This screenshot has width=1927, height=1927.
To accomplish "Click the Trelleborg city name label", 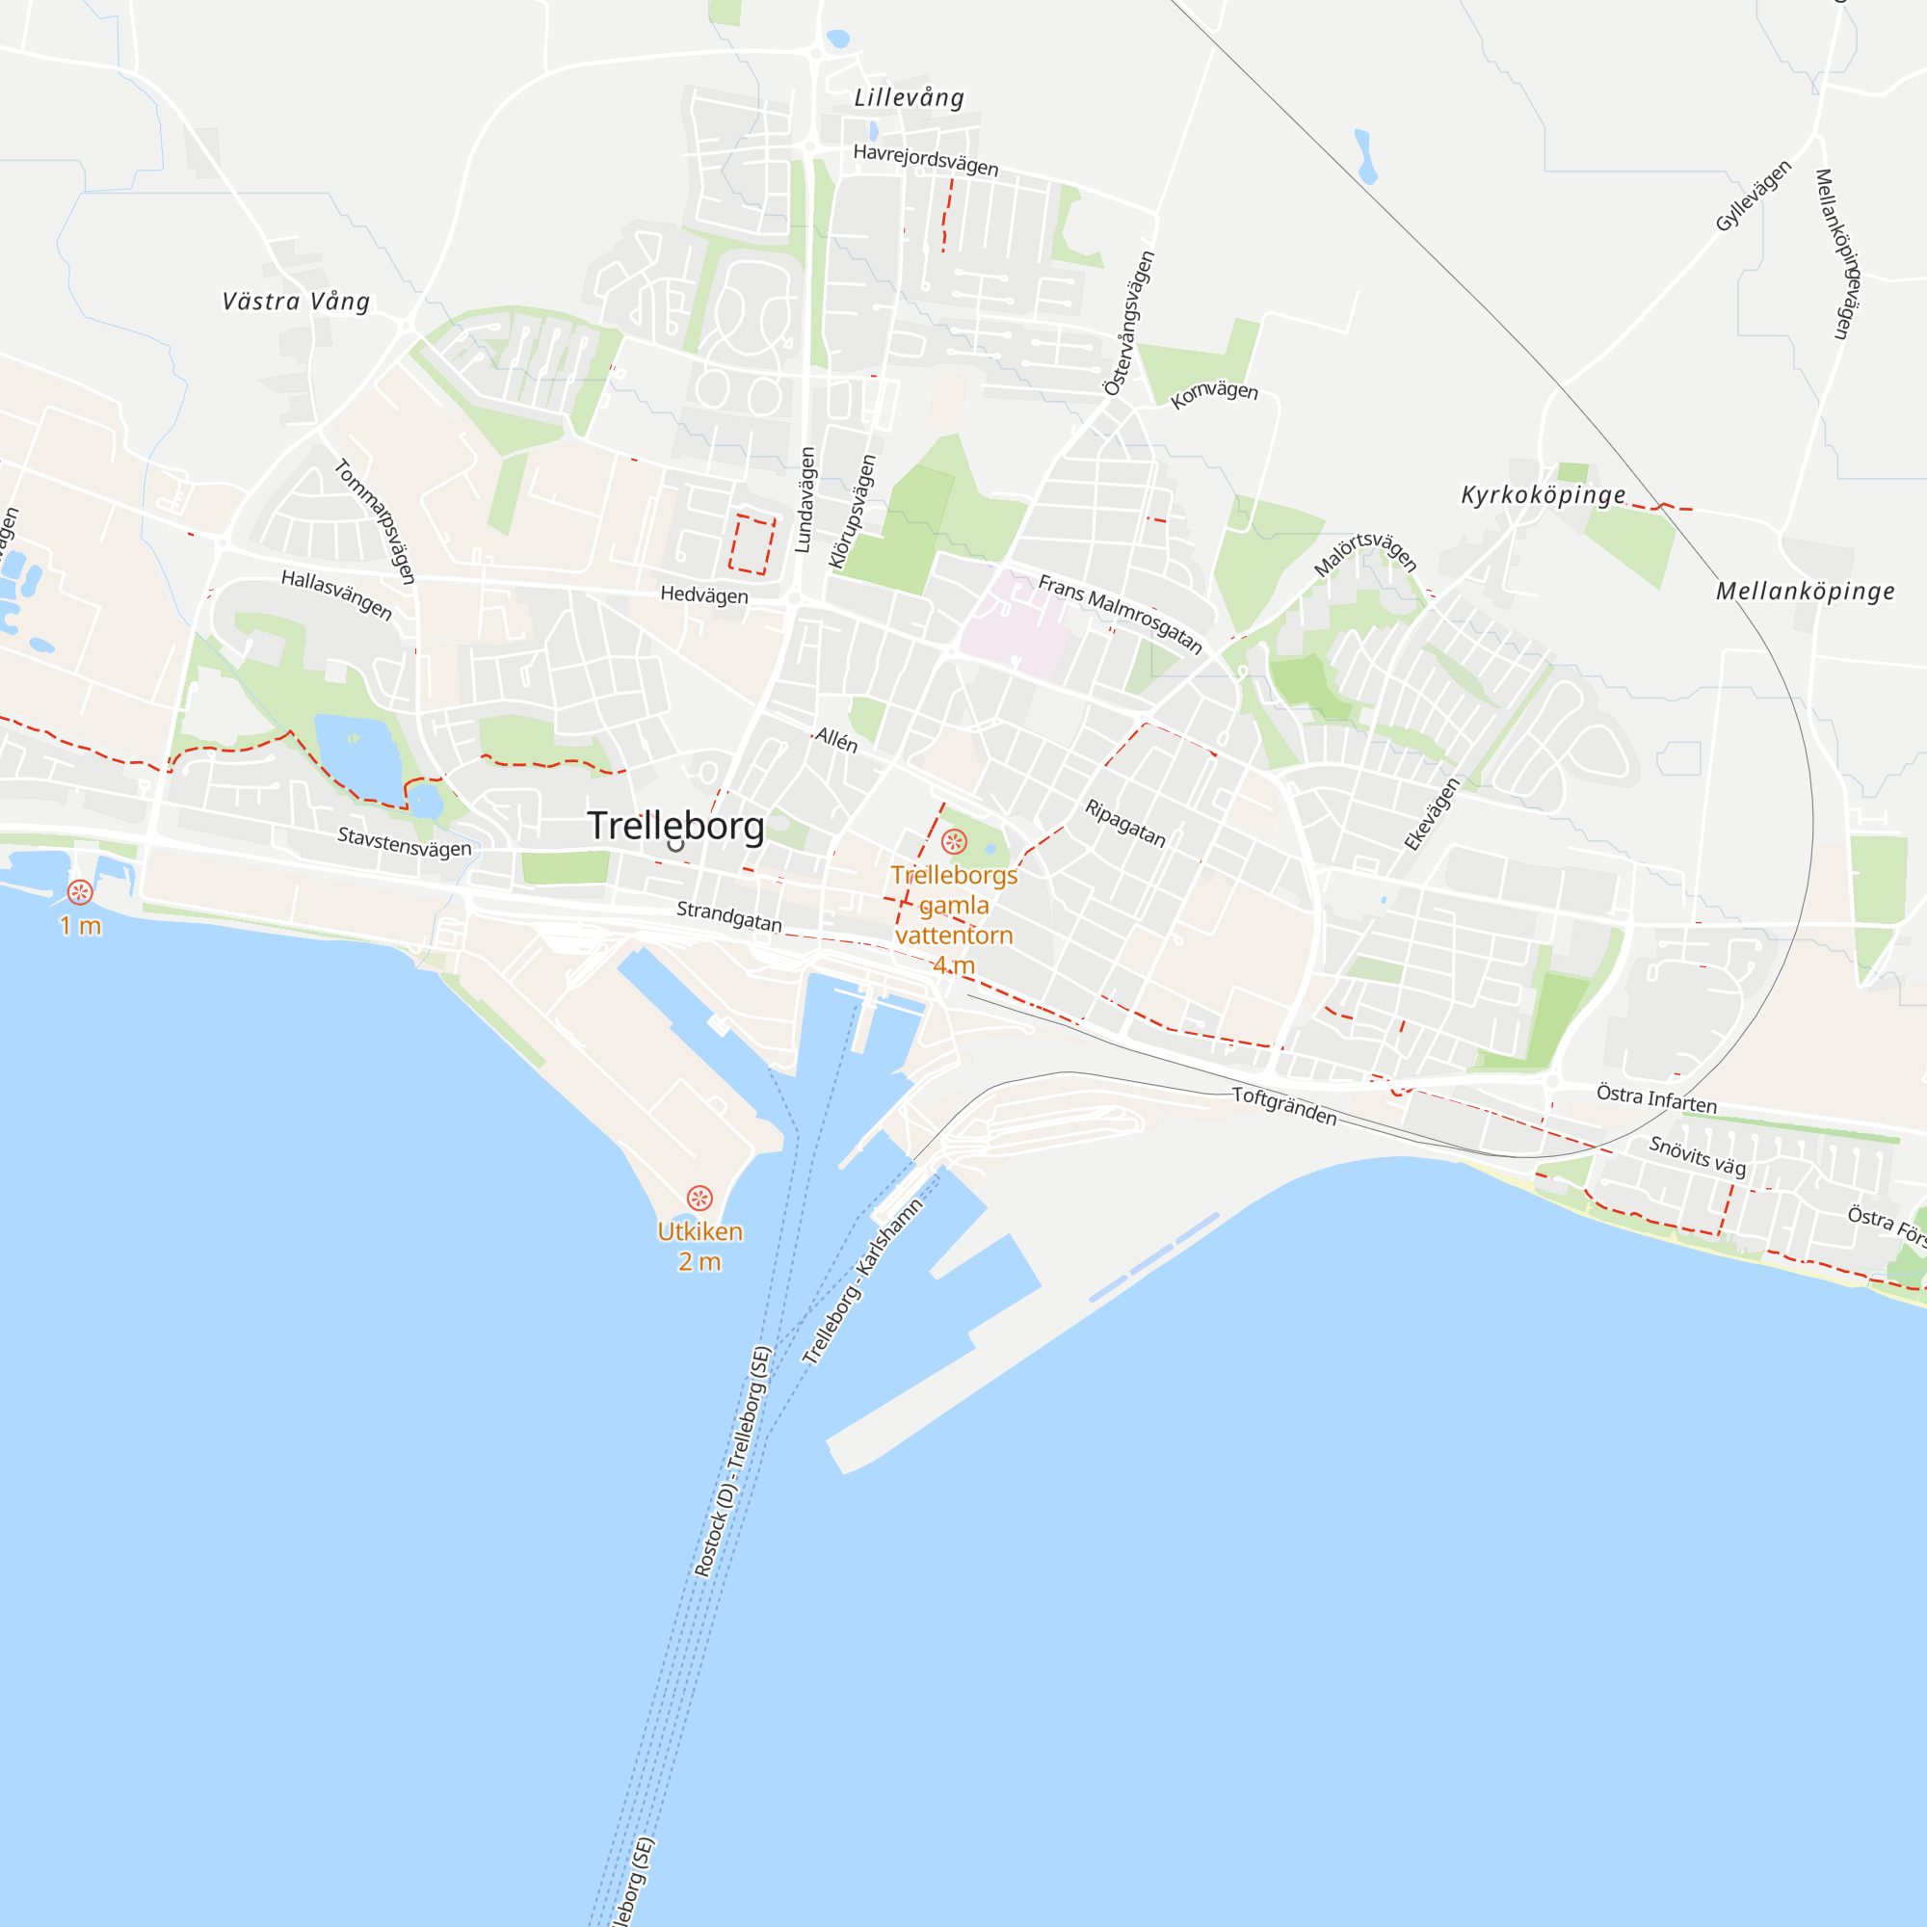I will pyautogui.click(x=675, y=826).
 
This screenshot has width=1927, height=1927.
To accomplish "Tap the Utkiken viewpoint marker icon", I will pyautogui.click(x=700, y=1197).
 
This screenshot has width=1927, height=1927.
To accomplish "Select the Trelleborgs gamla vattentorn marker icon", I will pyautogui.click(x=955, y=842).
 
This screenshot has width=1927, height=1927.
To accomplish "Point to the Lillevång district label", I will pyautogui.click(x=909, y=97).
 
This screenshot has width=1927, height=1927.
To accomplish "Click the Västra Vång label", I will pyautogui.click(x=295, y=302).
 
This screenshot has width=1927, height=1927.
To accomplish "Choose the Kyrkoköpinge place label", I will pyautogui.click(x=1543, y=494).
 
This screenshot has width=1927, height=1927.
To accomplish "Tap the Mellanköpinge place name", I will pyautogui.click(x=1806, y=592).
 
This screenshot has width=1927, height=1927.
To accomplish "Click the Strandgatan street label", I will pyautogui.click(x=729, y=915).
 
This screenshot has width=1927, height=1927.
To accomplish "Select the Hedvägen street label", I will pyautogui.click(x=704, y=595).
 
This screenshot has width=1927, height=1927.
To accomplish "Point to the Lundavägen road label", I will pyautogui.click(x=805, y=500).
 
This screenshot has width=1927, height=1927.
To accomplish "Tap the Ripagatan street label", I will pyautogui.click(x=1125, y=823).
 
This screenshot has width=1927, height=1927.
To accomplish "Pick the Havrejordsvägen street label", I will pyautogui.click(x=926, y=160).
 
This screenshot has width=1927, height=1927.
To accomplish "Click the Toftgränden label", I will pyautogui.click(x=1283, y=1105).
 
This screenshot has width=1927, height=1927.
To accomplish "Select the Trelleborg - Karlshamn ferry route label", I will pyautogui.click(x=862, y=1280).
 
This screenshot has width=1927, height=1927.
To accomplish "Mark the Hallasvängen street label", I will pyautogui.click(x=336, y=594).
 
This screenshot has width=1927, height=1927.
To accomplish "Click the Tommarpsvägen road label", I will pyautogui.click(x=374, y=520).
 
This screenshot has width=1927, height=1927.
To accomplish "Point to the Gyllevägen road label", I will pyautogui.click(x=1754, y=196).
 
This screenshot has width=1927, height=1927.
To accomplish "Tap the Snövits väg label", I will pyautogui.click(x=1698, y=1156).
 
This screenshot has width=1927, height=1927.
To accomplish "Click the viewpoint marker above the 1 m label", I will pyautogui.click(x=80, y=891).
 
